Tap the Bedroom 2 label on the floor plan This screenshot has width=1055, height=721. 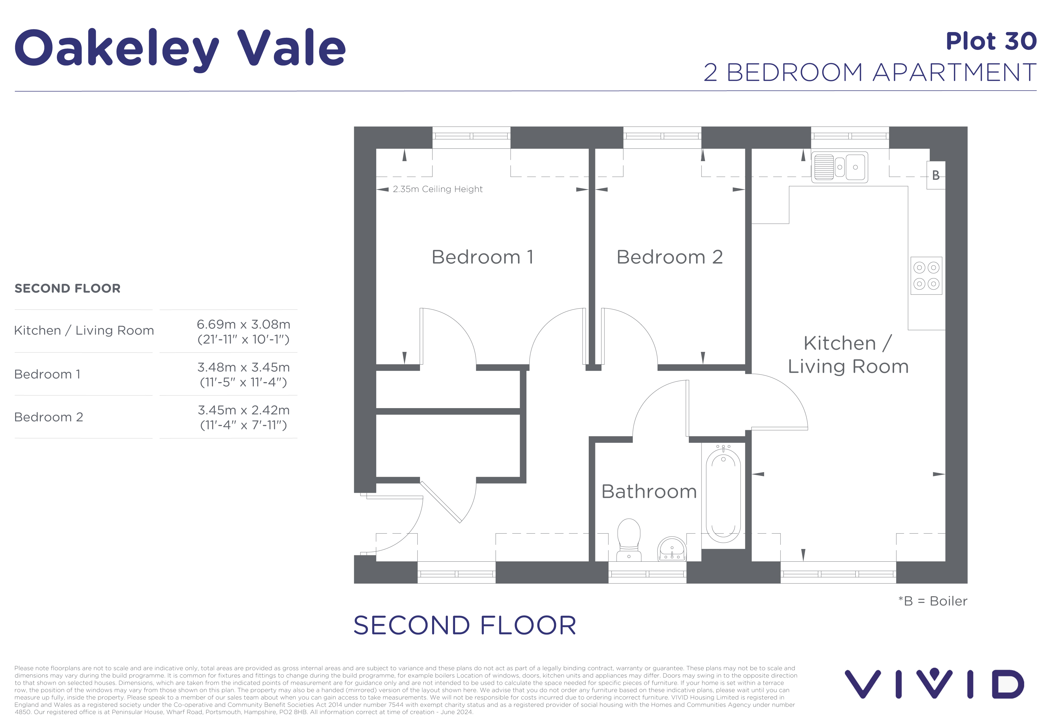[669, 257]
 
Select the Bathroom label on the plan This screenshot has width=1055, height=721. [649, 492]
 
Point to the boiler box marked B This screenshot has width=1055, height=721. [935, 175]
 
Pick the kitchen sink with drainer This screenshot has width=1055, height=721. [839, 167]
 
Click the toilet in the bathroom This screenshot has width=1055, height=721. [629, 540]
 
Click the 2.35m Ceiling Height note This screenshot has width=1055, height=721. [437, 189]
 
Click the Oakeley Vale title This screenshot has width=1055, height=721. [180, 48]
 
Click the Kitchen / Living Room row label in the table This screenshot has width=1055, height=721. [84, 330]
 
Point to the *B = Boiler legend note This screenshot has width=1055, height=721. [933, 601]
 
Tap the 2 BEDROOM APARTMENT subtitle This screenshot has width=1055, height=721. [870, 73]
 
